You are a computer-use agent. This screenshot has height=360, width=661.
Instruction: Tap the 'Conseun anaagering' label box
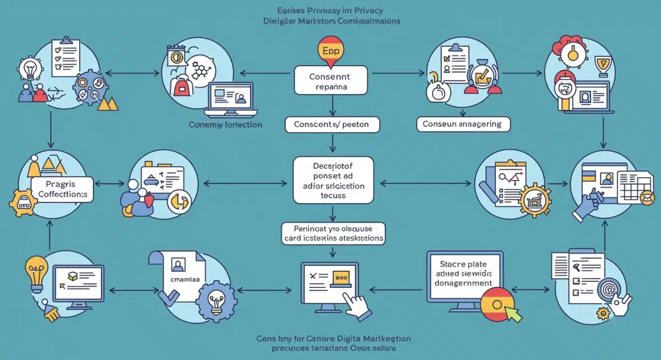463,124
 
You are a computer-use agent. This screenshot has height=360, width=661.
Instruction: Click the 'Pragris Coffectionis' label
62,188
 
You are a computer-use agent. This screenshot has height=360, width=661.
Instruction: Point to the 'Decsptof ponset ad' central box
333,179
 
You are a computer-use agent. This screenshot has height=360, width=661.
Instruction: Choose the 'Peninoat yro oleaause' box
333,233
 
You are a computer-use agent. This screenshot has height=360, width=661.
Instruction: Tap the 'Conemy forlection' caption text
226,125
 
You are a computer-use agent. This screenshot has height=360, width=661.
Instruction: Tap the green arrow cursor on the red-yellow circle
513,314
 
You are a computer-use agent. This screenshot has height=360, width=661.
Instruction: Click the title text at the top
331,16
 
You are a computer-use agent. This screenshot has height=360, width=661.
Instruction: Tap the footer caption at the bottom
333,343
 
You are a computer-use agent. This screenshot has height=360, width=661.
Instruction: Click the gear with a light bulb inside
216,301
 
